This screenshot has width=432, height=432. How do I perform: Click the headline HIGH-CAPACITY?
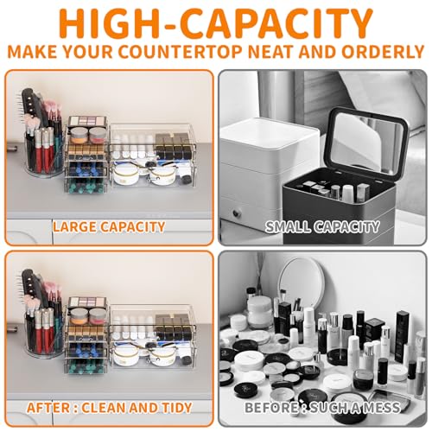pyautogui.click(x=216, y=23)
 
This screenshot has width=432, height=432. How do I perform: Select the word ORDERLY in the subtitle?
pyautogui.click(x=383, y=52)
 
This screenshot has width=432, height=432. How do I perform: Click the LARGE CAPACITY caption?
pyautogui.click(x=109, y=227)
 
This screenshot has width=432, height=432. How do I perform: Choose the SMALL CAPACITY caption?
pyautogui.click(x=322, y=227)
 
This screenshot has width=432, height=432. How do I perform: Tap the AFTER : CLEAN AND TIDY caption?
pyautogui.click(x=110, y=408)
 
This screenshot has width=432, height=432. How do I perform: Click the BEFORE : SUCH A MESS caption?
pyautogui.click(x=322, y=408)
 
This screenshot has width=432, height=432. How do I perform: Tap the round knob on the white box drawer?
pyautogui.click(x=236, y=213)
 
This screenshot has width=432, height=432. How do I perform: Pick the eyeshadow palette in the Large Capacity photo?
pyautogui.click(x=88, y=121)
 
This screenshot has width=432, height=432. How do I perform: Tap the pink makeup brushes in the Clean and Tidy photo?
pyautogui.click(x=52, y=291)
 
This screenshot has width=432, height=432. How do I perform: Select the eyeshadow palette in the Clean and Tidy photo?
pyautogui.click(x=88, y=302)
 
